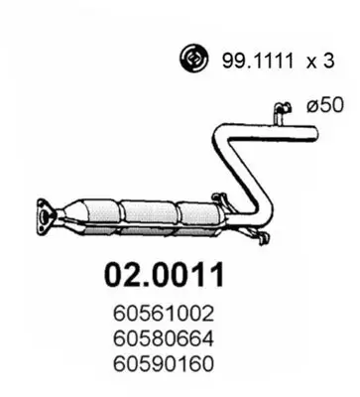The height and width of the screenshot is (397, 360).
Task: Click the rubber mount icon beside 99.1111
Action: point(191,60)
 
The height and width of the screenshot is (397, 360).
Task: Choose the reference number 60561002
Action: point(165,312)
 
